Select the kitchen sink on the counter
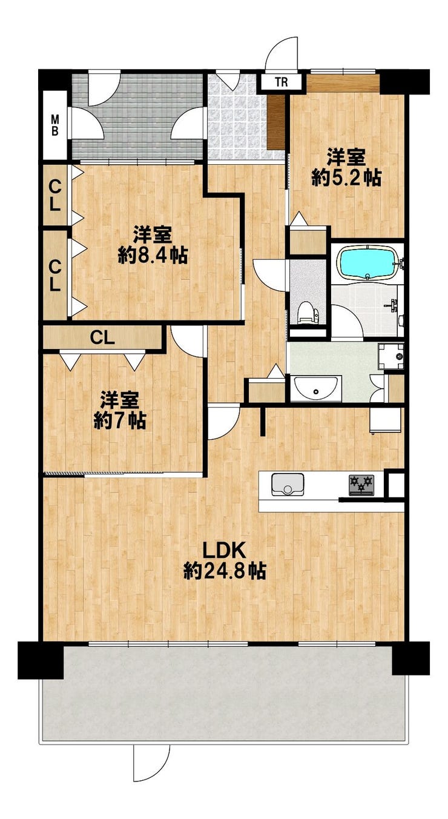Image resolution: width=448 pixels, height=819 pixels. [x=288, y=484]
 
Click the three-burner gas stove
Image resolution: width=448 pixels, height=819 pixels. [x=362, y=485]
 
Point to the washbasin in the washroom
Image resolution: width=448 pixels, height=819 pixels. [x=316, y=388]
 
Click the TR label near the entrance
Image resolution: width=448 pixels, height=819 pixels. [x=282, y=82]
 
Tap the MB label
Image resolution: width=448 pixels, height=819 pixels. [x=55, y=125]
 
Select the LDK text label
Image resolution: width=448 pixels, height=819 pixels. [x=223, y=551]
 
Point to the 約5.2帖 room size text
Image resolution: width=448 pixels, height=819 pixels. [x=346, y=178]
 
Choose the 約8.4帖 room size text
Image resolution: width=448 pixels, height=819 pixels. [x=153, y=255]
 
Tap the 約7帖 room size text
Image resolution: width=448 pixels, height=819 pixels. [x=119, y=420]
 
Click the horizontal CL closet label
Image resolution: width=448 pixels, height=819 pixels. [x=103, y=338]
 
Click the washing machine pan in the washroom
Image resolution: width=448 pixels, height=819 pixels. [x=391, y=356]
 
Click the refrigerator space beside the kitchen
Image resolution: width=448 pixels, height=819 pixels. [x=386, y=421]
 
